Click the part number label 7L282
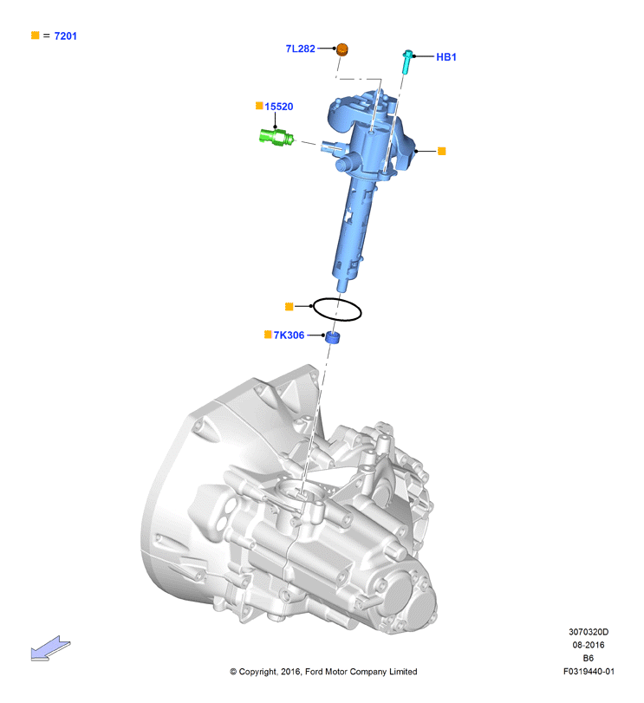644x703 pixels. (300, 49)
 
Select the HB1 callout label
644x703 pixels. (446, 57)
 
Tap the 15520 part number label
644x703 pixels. (279, 107)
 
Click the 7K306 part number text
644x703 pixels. (289, 335)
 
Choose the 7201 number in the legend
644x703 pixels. (65, 36)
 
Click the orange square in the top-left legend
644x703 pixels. (36, 35)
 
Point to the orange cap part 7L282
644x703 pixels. (342, 49)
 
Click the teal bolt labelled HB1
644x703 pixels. (407, 62)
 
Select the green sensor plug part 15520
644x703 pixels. (276, 137)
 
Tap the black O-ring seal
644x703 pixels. (337, 299)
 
